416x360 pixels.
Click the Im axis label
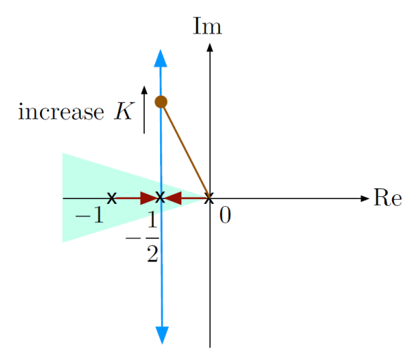(x=207, y=26)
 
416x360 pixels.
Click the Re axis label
(x=388, y=198)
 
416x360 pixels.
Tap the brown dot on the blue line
(x=161, y=102)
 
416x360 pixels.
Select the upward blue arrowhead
(x=160, y=58)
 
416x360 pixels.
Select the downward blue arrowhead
(x=162, y=335)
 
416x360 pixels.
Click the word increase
(x=61, y=112)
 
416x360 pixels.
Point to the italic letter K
(x=124, y=112)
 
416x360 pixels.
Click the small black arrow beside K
(x=144, y=110)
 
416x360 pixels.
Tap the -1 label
(x=89, y=214)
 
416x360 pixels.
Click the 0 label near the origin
(x=225, y=214)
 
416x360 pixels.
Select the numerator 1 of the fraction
(x=152, y=219)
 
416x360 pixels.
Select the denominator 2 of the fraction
(x=152, y=254)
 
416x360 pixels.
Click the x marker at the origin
(x=209, y=198)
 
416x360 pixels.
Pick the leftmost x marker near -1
(x=112, y=198)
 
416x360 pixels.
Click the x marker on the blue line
(x=160, y=198)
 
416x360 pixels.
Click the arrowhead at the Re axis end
(x=365, y=198)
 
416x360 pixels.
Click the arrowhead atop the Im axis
(x=210, y=47)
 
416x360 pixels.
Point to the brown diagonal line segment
(x=186, y=150)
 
